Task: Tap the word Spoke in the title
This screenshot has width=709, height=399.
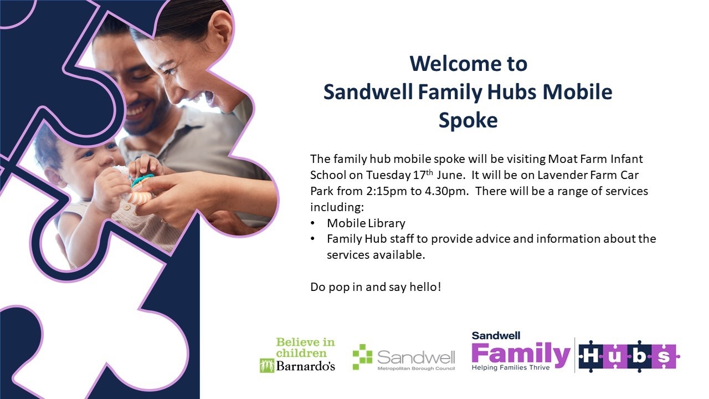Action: point(468,121)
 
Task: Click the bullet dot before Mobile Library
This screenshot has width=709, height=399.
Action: point(313,223)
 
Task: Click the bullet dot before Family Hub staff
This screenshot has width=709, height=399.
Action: point(313,239)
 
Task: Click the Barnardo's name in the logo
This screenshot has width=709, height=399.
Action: point(305,366)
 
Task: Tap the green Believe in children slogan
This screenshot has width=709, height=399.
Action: point(305,347)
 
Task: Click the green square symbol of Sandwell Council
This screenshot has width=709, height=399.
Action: point(363,357)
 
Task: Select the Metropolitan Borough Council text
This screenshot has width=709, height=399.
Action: point(416,369)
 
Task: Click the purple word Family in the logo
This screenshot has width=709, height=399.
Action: point(521,355)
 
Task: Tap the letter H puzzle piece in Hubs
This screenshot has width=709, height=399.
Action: point(590,356)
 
